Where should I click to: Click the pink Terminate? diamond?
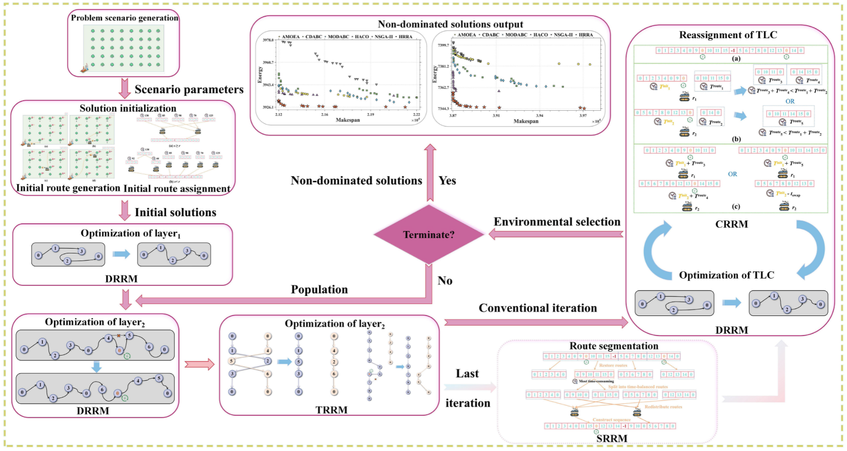tap(429, 234)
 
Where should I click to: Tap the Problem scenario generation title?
tap(124, 18)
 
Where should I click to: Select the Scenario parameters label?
tap(189, 89)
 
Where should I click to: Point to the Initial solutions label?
tap(175, 212)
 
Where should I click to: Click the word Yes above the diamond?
tap(447, 180)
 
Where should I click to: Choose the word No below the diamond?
tap(445, 281)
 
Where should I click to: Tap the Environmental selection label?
tap(557, 222)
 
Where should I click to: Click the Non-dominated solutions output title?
tap(450, 24)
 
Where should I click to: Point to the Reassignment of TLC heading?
tap(728, 35)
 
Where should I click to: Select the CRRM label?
tap(732, 224)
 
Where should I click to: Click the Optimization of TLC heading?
tap(726, 275)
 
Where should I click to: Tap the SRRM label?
tap(612, 438)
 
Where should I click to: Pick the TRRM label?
tap(331, 410)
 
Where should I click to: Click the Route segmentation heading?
tap(613, 346)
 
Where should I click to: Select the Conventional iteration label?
tap(538, 308)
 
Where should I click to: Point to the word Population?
tap(319, 290)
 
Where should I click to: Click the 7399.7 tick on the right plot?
tap(443, 45)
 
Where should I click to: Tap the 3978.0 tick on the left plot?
tap(268, 40)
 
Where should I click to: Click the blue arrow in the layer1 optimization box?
tap(121, 254)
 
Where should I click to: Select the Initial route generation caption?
tap(68, 188)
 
